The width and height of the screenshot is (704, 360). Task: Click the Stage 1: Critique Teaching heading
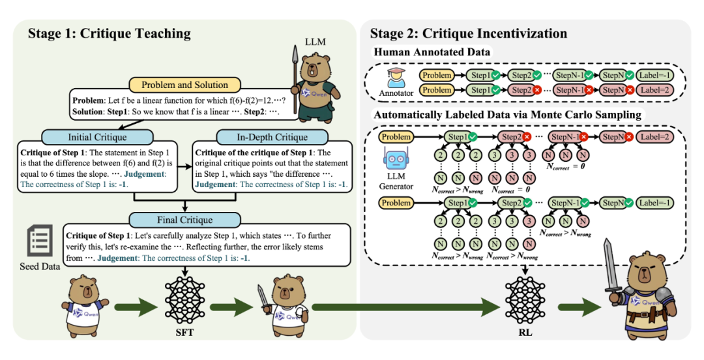tap(109, 33)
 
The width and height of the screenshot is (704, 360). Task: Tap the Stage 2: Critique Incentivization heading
tap(469, 33)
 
